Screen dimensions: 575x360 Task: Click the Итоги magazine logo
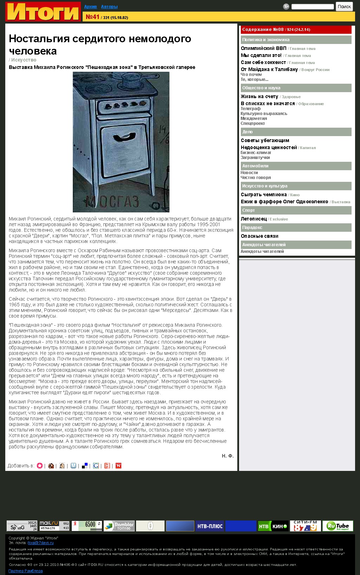(x=43, y=12)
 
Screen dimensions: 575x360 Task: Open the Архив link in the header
(x=90, y=7)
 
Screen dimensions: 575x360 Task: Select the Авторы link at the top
(x=109, y=7)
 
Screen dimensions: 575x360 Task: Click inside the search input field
(x=313, y=7)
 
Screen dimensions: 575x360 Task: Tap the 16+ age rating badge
(x=286, y=7)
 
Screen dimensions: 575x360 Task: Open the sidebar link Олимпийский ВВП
(x=263, y=48)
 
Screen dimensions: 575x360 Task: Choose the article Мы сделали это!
(x=261, y=55)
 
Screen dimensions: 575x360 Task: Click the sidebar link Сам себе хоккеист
(x=263, y=62)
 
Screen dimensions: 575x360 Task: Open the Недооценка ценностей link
(x=269, y=147)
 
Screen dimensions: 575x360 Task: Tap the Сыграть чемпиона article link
(x=264, y=194)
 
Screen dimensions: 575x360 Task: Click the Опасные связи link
(x=259, y=236)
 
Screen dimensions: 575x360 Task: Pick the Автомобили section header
(x=255, y=166)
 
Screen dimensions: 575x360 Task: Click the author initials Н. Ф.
(x=227, y=456)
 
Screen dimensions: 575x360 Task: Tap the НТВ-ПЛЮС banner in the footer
(x=210, y=526)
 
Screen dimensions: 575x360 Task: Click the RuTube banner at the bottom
(x=337, y=526)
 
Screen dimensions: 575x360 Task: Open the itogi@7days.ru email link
(x=40, y=543)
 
